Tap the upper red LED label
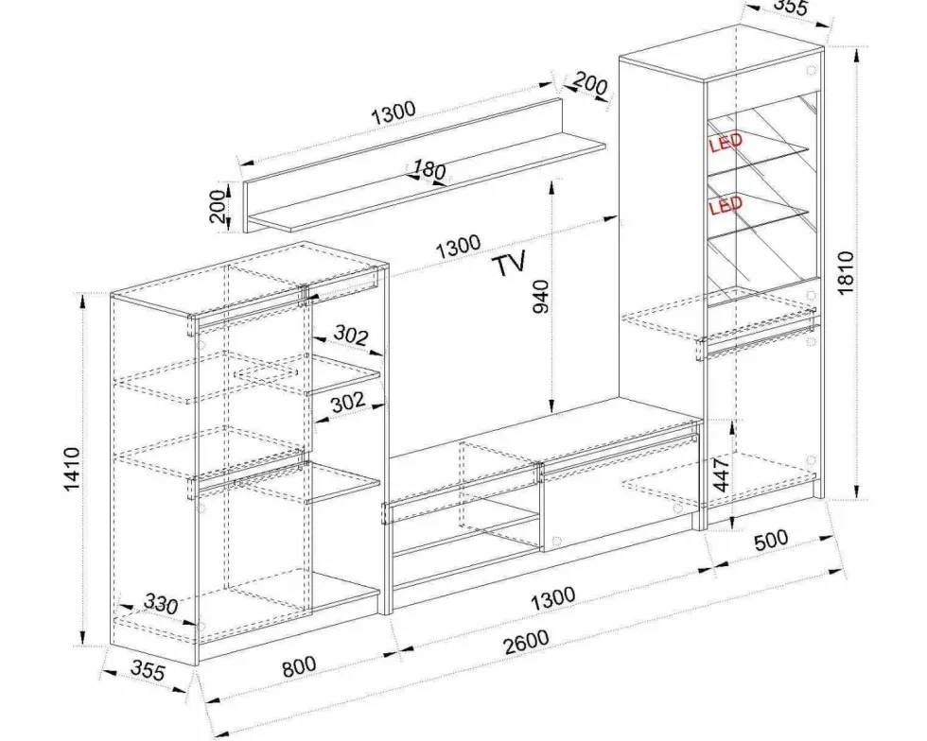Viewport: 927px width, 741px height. [726, 143]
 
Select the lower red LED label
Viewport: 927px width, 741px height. [726, 206]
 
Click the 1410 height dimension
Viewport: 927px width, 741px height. [72, 469]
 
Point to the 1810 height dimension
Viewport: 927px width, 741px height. [846, 272]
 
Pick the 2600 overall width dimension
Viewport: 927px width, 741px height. [526, 643]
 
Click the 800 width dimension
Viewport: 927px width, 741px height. [299, 666]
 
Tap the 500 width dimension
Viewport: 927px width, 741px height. [771, 540]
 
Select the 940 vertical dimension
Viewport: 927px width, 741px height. [540, 297]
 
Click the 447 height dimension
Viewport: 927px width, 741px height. [721, 474]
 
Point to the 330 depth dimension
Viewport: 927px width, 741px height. [161, 604]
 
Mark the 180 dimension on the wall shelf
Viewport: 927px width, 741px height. [429, 169]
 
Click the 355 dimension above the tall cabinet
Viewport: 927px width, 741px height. [790, 6]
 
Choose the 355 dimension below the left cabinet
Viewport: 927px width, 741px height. [148, 670]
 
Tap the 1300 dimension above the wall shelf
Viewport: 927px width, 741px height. [394, 112]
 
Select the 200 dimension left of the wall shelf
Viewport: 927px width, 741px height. [219, 206]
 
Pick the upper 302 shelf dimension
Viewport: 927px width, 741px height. [351, 336]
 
